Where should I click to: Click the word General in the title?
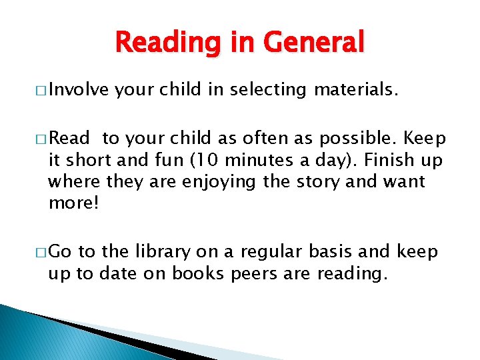(314, 43)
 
